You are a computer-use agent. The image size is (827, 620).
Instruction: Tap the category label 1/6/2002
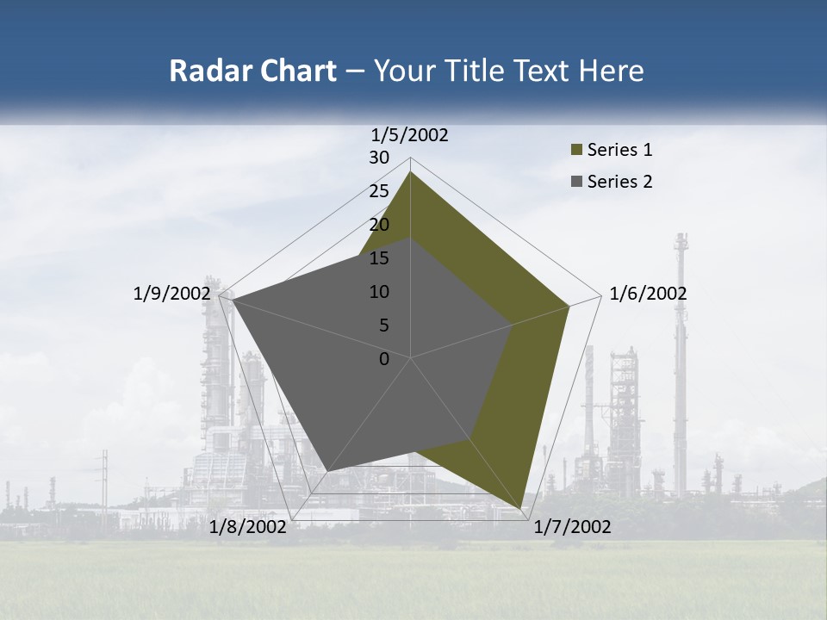tap(648, 294)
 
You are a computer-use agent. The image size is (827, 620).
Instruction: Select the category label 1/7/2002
tap(572, 527)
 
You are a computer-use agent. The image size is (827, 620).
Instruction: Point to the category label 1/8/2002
tap(248, 527)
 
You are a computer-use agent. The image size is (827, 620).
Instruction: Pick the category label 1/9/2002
tap(172, 294)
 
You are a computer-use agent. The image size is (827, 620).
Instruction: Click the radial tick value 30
tap(379, 158)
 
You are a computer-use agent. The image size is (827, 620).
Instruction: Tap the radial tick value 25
tap(379, 191)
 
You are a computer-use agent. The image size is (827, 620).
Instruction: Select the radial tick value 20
tap(379, 225)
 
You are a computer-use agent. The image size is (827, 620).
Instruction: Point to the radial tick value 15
tap(379, 258)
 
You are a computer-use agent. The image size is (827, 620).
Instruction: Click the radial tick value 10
tap(379, 292)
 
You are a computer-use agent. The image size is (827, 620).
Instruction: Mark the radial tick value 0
tap(384, 359)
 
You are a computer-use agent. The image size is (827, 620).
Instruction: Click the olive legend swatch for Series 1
tap(577, 151)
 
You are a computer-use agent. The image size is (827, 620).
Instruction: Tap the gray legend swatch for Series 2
tap(577, 182)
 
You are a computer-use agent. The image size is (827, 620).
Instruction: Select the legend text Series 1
tap(619, 150)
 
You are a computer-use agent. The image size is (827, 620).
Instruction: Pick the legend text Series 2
tap(619, 182)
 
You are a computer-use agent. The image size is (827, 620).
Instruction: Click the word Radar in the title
tap(207, 71)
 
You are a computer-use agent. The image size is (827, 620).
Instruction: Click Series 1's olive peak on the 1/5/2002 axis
tap(410, 172)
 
